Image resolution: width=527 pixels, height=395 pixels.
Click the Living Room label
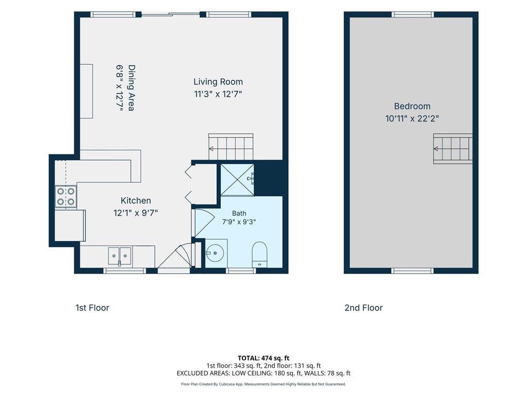pyautogui.click(x=218, y=82)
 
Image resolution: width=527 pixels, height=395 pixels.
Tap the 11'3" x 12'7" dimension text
pyautogui.click(x=218, y=94)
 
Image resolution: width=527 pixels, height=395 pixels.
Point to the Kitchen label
pyautogui.click(x=136, y=201)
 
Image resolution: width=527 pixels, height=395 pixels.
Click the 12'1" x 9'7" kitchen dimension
pyautogui.click(x=136, y=213)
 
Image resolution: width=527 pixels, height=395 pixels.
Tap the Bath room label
pyautogui.click(x=239, y=213)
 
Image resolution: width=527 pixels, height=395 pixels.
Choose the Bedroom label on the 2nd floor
pyautogui.click(x=412, y=106)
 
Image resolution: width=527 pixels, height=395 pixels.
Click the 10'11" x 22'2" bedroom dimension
pyautogui.click(x=412, y=119)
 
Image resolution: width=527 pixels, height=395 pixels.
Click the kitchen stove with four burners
pyautogui.click(x=66, y=196)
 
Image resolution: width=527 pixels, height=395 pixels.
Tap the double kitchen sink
pyautogui.click(x=119, y=256)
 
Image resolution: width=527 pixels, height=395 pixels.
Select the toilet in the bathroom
pyautogui.click(x=259, y=255)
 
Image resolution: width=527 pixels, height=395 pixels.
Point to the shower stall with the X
pyautogui.click(x=237, y=179)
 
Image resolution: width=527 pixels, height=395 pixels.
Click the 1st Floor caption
pyautogui.click(x=93, y=308)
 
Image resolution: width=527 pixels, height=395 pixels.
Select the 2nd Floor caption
pyautogui.click(x=364, y=308)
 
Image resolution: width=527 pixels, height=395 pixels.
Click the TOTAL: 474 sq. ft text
pyautogui.click(x=263, y=358)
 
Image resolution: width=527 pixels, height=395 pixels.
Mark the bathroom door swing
pyautogui.click(x=204, y=222)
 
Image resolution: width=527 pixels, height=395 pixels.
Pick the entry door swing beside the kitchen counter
pyautogui.click(x=174, y=257)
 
